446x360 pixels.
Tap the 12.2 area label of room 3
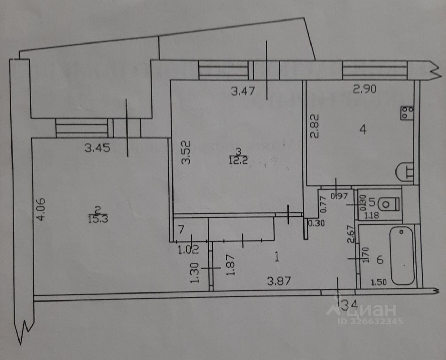239,160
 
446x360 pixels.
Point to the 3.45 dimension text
98,148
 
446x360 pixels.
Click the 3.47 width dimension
243,92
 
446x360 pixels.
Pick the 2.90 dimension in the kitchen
365,89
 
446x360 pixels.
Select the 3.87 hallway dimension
278,281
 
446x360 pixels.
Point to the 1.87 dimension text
230,264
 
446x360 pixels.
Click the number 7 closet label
181,230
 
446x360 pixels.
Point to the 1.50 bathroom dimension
379,282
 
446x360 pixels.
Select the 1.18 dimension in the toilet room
371,216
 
